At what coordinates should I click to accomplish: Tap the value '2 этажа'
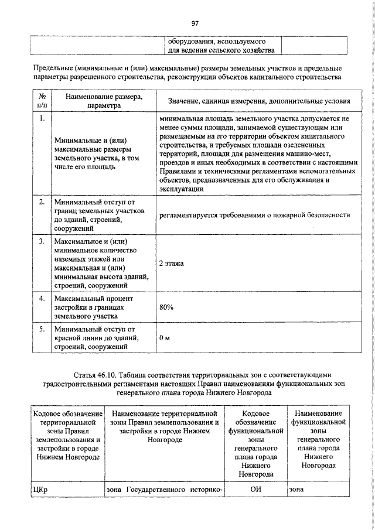171,264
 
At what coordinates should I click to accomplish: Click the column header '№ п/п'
42,101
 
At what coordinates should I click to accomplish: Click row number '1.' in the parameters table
42,118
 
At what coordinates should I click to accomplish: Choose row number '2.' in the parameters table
42,202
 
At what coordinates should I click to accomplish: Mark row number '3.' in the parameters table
42,241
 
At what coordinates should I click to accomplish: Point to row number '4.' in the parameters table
42,299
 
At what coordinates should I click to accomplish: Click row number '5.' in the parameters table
42,329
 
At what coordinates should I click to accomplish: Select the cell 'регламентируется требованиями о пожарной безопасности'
254,215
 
